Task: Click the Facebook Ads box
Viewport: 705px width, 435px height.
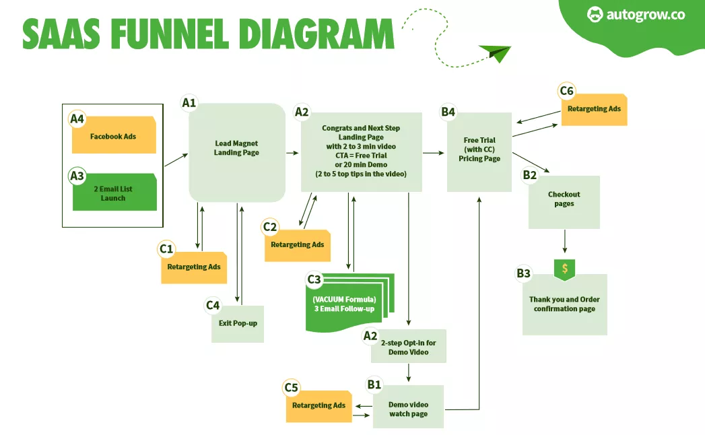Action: click(x=114, y=136)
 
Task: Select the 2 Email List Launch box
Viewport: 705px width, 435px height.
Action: click(x=114, y=193)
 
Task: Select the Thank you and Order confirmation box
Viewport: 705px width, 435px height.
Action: click(x=564, y=304)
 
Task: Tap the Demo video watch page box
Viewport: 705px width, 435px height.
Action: click(x=408, y=408)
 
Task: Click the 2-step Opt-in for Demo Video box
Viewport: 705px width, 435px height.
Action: click(x=409, y=347)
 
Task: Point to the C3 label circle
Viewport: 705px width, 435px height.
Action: click(x=314, y=279)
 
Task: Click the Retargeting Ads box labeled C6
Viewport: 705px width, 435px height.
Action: click(x=594, y=110)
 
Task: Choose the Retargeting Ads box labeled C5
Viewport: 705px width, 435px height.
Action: click(x=319, y=405)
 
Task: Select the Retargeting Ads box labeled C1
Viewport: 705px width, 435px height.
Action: click(x=194, y=267)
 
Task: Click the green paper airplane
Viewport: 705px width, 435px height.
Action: click(x=496, y=53)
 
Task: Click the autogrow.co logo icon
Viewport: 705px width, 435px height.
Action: click(x=595, y=14)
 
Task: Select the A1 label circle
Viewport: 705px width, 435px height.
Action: click(x=189, y=102)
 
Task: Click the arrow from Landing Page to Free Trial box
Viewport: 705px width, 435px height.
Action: click(x=434, y=154)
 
